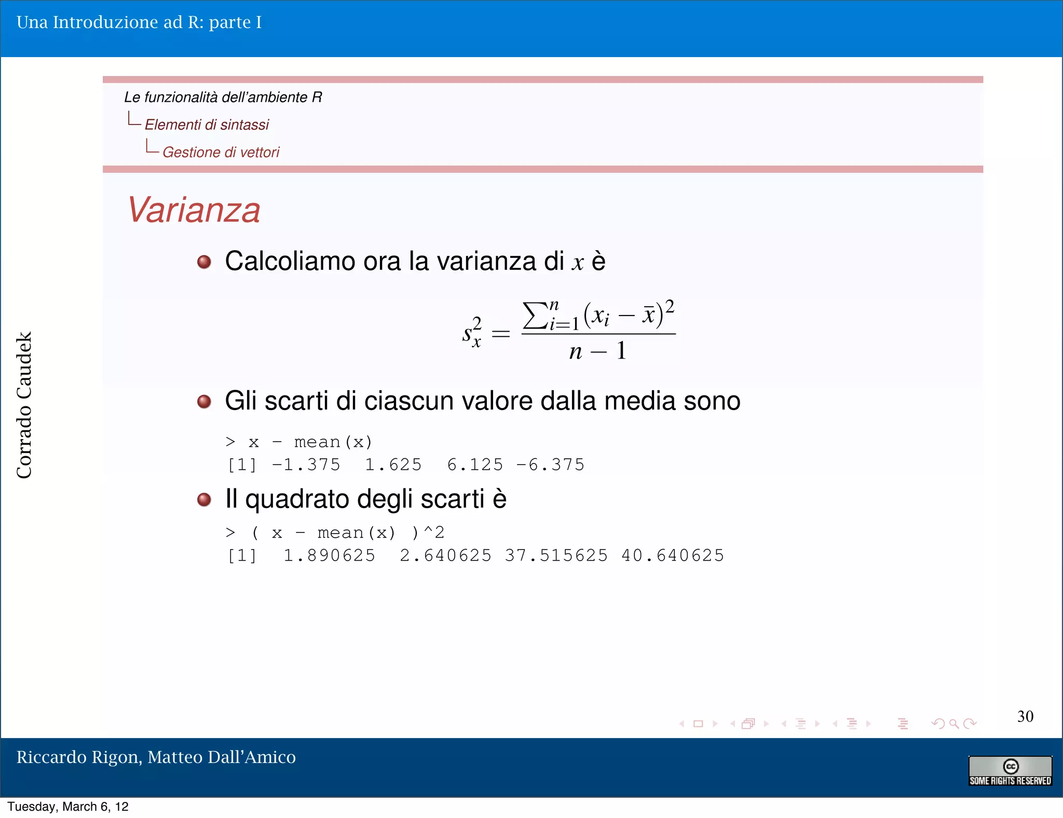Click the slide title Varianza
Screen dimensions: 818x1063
pyautogui.click(x=194, y=210)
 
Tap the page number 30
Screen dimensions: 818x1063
pyautogui.click(x=1025, y=716)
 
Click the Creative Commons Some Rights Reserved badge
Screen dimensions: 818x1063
pyautogui.click(x=1010, y=771)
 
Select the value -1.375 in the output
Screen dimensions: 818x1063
pyautogui.click(x=306, y=465)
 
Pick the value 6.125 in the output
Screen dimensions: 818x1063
pyautogui.click(x=475, y=465)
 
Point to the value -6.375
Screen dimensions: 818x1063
pyautogui.click(x=550, y=465)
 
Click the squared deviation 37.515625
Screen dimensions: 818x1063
pyautogui.click(x=556, y=555)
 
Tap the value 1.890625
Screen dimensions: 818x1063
pyautogui.click(x=329, y=555)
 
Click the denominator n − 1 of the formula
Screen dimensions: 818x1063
pyautogui.click(x=598, y=351)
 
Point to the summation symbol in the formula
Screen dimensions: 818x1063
pyautogui.click(x=535, y=315)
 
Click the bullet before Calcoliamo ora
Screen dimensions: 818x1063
pyautogui.click(x=204, y=262)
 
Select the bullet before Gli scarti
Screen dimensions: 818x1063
pyautogui.click(x=204, y=401)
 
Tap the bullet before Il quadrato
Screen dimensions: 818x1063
pyautogui.click(x=204, y=499)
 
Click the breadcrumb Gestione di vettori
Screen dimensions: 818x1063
pyautogui.click(x=221, y=152)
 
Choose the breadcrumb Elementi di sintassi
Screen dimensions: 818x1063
pyautogui.click(x=207, y=125)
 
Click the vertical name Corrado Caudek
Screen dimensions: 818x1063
pyautogui.click(x=24, y=405)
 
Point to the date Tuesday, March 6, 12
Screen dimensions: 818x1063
pyautogui.click(x=68, y=807)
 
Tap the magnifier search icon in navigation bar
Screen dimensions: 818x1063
pyautogui.click(x=954, y=724)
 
